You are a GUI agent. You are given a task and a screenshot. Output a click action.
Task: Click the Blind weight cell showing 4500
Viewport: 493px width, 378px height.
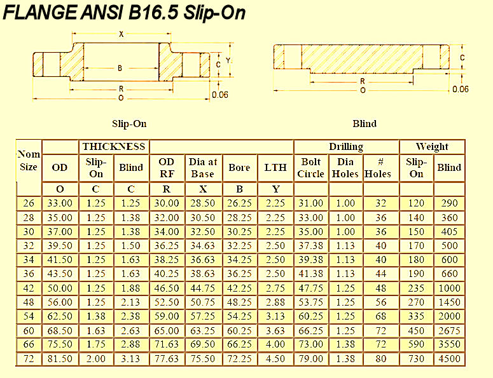point(449,359)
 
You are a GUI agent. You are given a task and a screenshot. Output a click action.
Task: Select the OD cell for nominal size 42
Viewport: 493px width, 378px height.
point(60,289)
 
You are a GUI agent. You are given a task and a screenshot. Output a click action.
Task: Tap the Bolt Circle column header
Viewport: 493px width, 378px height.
point(311,168)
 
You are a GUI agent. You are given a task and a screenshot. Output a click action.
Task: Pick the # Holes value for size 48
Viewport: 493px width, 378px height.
point(380,303)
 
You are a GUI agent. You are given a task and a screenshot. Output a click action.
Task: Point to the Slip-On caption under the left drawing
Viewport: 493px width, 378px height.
point(129,124)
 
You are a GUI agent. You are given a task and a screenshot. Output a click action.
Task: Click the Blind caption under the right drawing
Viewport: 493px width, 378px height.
point(365,124)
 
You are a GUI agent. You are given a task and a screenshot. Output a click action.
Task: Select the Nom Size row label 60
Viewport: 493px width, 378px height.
point(29,331)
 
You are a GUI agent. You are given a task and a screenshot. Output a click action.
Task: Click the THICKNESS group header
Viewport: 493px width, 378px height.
point(114,147)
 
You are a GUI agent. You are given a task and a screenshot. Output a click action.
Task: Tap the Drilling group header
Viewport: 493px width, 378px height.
point(345,147)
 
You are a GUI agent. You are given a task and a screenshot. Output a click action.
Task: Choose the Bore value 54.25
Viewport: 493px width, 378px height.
point(240,317)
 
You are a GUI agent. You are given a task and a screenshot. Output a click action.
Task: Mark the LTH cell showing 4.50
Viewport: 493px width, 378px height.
point(275,359)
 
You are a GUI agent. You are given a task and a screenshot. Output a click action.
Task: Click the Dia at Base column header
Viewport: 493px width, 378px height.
point(203,168)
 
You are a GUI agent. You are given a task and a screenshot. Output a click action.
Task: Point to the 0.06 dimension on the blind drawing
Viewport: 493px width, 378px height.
point(461,89)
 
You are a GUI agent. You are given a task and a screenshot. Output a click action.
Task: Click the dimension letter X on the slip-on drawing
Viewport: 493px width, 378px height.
point(121,34)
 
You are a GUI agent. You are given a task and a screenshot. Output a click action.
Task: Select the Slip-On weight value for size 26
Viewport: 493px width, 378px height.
point(416,204)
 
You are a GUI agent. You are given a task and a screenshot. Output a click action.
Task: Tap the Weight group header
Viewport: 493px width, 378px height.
point(432,147)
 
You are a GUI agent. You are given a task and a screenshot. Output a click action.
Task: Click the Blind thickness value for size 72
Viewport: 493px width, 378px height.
point(131,359)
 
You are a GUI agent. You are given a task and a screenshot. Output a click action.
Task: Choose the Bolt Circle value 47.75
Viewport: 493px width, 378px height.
point(311,289)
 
